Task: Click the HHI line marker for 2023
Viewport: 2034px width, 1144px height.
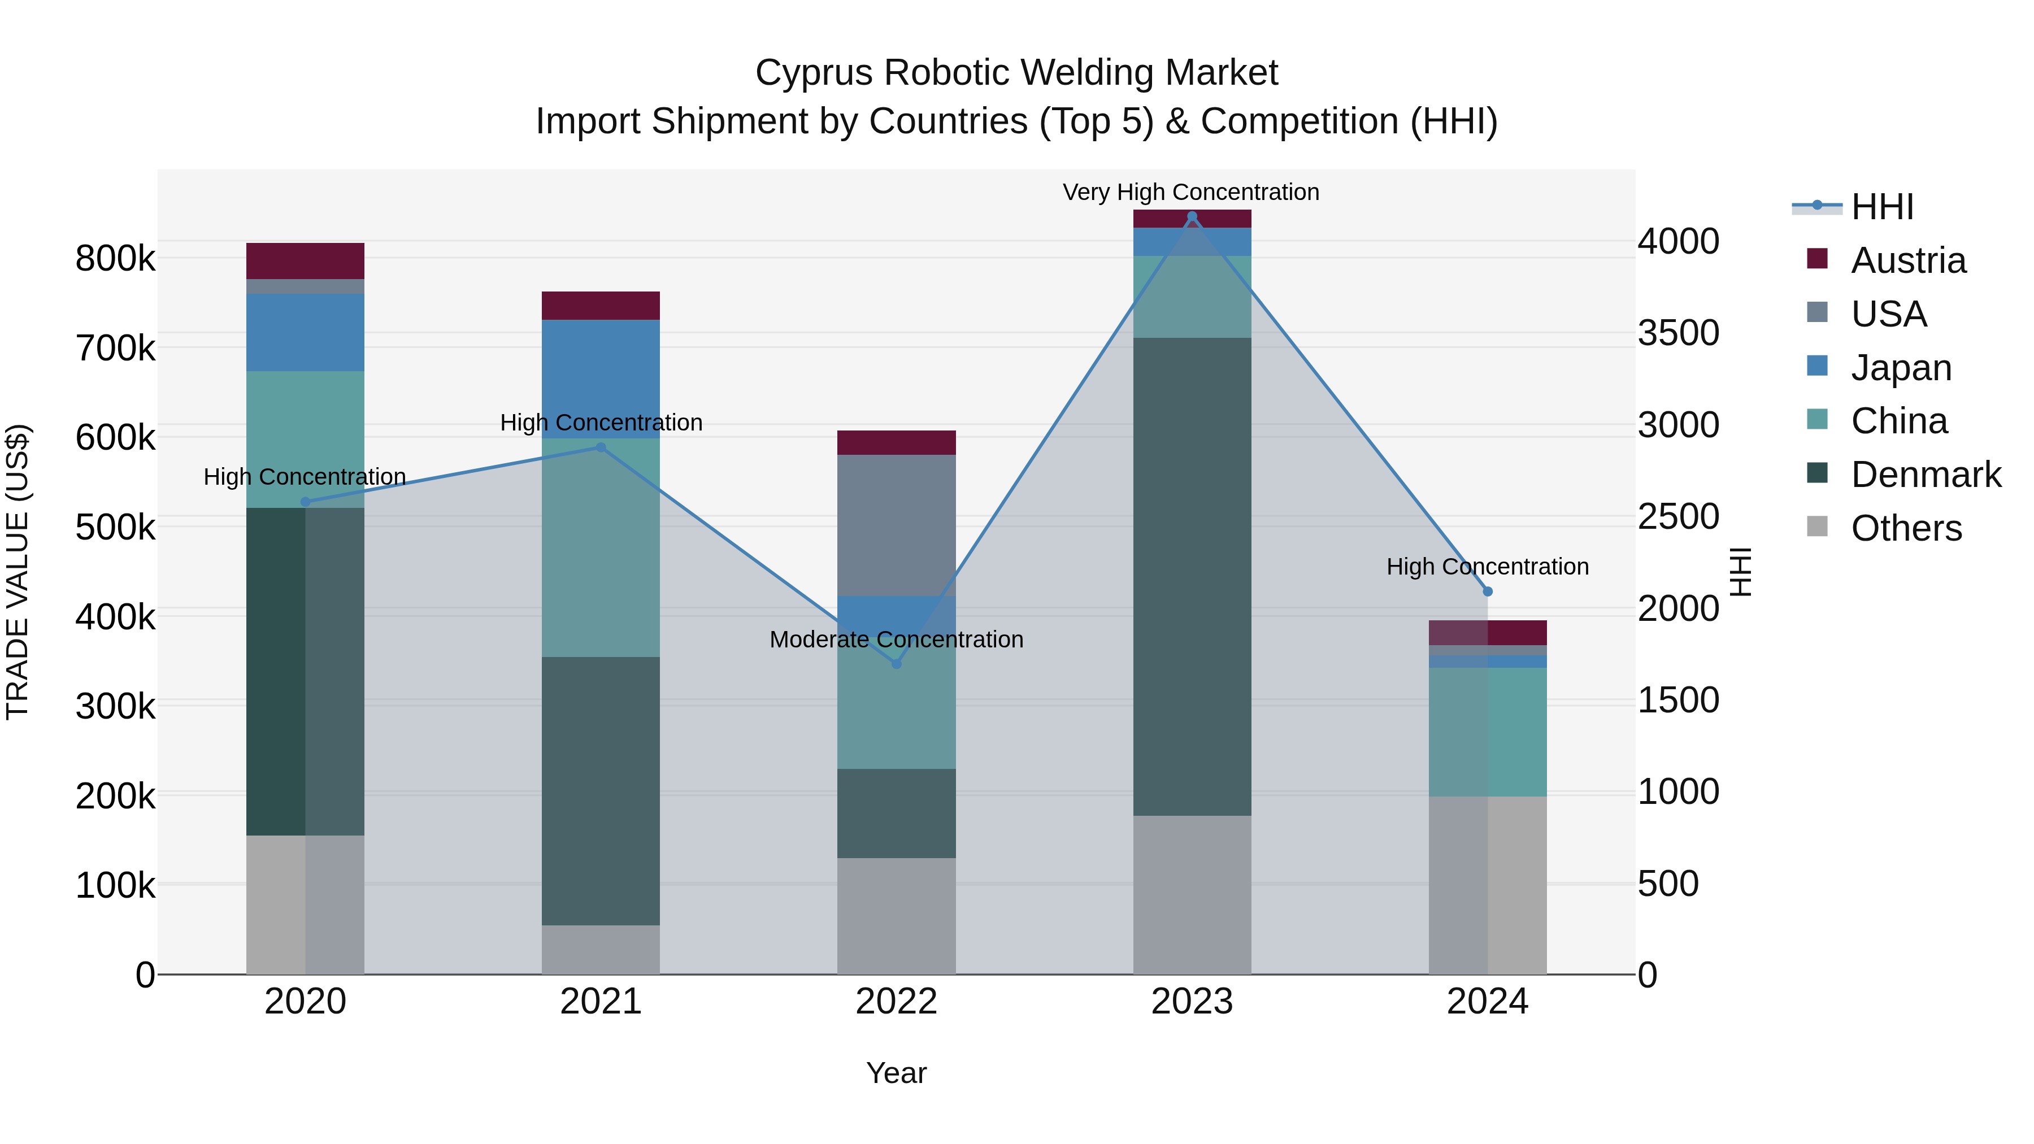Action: click(1192, 216)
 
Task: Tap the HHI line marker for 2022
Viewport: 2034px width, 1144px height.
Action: click(896, 664)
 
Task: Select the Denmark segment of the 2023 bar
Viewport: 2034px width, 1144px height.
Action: click(1192, 576)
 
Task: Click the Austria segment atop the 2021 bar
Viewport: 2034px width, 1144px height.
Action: click(600, 306)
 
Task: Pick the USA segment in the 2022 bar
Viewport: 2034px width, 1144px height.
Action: click(896, 525)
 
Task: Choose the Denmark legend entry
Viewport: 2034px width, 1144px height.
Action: click(1925, 475)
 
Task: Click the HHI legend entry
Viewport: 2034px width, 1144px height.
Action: click(1881, 207)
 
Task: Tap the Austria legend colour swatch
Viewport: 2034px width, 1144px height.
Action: click(1817, 259)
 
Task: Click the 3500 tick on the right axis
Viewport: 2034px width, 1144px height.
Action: click(1678, 332)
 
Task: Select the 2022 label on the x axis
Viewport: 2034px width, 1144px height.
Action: click(896, 1001)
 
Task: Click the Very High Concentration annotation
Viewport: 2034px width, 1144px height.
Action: click(1190, 192)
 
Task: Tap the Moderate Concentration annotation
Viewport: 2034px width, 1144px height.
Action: click(896, 639)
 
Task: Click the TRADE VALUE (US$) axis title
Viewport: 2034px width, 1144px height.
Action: click(18, 572)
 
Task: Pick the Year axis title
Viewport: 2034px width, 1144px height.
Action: click(896, 1073)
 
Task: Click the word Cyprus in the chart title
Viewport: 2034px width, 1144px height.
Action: click(814, 73)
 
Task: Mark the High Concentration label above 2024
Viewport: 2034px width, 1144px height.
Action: click(1487, 566)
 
